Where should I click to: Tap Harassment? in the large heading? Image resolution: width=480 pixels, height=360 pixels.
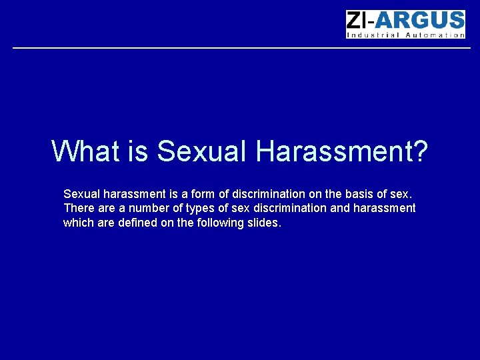click(x=341, y=151)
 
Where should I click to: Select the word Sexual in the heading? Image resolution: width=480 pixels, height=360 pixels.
click(x=201, y=151)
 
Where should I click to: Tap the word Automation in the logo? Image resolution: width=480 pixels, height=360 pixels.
click(x=436, y=35)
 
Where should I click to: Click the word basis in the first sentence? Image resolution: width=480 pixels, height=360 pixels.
click(x=359, y=194)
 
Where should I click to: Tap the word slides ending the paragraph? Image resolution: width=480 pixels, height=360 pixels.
click(x=265, y=223)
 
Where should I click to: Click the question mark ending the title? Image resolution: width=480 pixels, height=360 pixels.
click(x=419, y=151)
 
